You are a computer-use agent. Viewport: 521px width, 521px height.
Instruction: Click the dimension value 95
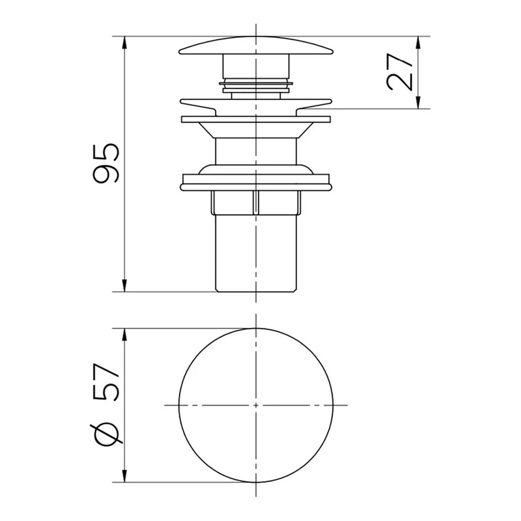[x=106, y=164]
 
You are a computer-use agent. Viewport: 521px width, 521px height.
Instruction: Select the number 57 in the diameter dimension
[x=106, y=384]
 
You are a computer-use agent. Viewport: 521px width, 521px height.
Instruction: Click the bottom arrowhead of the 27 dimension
[x=418, y=102]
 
